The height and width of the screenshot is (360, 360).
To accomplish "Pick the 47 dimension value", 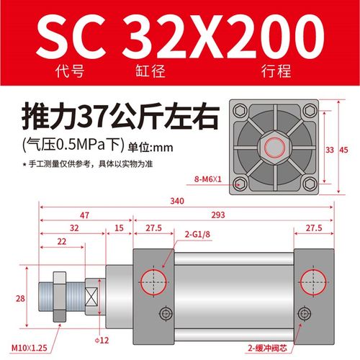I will (x=84, y=215).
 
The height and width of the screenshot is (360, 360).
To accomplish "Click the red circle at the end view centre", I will (x=276, y=150).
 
